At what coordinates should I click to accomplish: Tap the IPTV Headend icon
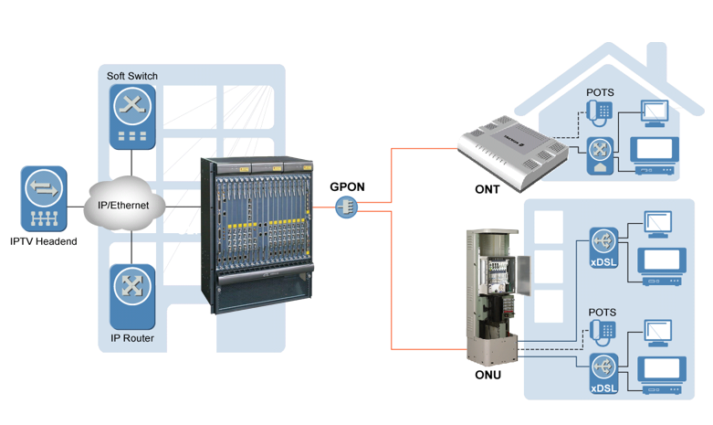[44, 198]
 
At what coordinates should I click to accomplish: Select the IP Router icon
[133, 295]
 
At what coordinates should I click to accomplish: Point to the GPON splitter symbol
[348, 207]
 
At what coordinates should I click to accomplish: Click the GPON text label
[347, 187]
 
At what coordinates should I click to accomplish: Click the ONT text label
[487, 189]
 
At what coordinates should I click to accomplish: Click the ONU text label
[488, 375]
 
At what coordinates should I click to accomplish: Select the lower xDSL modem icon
[602, 371]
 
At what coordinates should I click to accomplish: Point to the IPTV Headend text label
[45, 241]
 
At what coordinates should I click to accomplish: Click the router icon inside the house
[599, 152]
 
